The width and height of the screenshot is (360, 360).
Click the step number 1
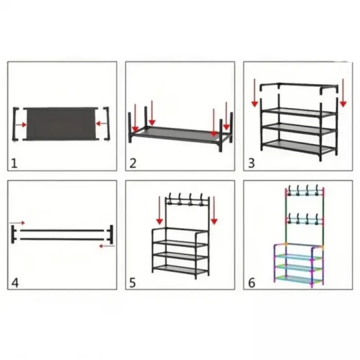click(x=14, y=164)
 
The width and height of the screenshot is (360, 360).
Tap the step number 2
click(x=133, y=163)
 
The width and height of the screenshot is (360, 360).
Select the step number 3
click(x=251, y=163)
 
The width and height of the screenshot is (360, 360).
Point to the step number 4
click(x=15, y=283)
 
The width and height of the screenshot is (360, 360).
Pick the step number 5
click(x=133, y=283)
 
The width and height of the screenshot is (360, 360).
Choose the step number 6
click(x=251, y=283)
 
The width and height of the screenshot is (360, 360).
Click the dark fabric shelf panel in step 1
click(x=61, y=123)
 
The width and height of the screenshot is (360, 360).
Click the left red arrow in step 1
click(x=22, y=124)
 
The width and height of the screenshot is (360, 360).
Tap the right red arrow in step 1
click(x=101, y=124)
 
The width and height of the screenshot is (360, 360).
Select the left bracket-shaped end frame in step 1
click(x=14, y=124)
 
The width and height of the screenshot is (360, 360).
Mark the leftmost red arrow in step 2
click(x=135, y=118)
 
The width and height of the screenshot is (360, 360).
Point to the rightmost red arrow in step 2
click(x=226, y=116)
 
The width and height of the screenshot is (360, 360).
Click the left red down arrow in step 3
click(x=255, y=93)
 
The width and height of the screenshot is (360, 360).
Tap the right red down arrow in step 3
click(x=343, y=93)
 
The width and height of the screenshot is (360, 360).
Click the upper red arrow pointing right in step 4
click(x=17, y=223)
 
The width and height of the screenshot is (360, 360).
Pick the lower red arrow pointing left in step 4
click(x=107, y=246)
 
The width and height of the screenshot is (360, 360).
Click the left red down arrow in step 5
click(x=159, y=210)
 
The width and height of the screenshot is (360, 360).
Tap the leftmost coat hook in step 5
click(x=170, y=199)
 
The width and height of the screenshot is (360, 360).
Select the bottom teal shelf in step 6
click(x=299, y=279)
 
